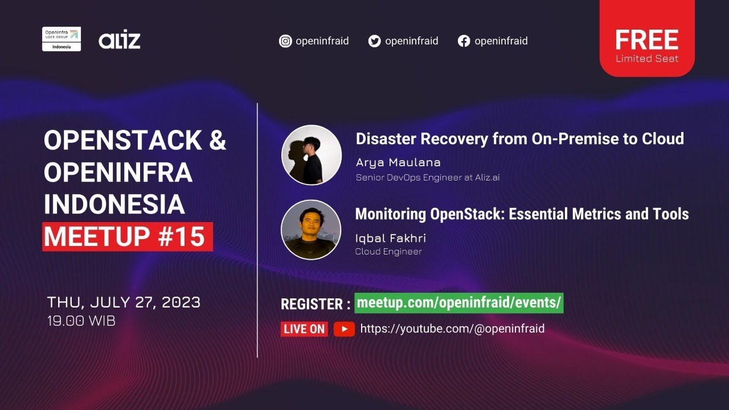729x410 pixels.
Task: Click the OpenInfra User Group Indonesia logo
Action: coord(62,39)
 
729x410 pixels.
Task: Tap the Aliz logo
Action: coord(119,40)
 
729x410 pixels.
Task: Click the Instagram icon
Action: coord(285,41)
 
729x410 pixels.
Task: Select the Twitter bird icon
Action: coord(374,41)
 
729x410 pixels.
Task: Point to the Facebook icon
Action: coord(464,41)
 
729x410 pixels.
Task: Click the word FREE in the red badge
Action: coord(646,40)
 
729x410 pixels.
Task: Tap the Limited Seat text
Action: coord(646,59)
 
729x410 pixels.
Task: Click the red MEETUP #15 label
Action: coord(127,237)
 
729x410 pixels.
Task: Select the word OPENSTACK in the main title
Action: coord(122,141)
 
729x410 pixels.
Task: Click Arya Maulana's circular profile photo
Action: coord(312,155)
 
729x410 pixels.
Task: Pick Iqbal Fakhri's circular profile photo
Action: coord(311,229)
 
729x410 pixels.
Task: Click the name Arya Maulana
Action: coord(398,162)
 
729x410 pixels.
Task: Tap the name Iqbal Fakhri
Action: coord(390,238)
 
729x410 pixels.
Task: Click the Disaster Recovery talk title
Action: coord(519,138)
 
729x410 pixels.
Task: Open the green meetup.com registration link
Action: coord(459,302)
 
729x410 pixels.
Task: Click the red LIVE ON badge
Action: coord(304,329)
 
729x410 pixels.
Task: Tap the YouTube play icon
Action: coord(344,329)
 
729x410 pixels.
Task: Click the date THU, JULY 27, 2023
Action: coord(124,302)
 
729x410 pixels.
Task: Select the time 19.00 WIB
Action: coord(81,321)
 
